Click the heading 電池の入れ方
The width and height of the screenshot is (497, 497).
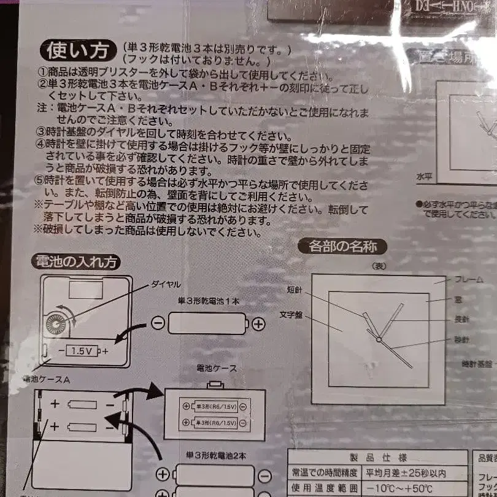tap(76, 262)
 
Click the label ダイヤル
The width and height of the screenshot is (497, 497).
tap(166, 285)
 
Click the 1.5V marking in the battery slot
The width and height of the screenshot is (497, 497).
tap(82, 352)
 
